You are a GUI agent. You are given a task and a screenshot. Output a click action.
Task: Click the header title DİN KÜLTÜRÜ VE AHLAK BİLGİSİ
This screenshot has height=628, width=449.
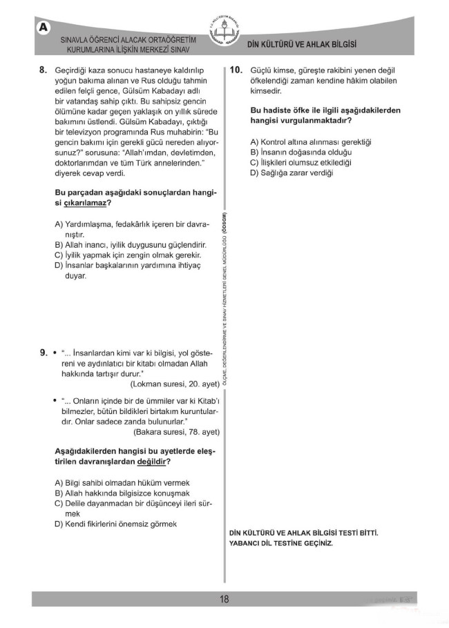click(x=302, y=45)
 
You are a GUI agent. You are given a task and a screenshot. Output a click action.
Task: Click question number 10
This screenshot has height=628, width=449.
click(x=236, y=70)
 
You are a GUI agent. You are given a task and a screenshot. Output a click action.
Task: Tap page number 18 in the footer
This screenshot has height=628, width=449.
click(x=224, y=599)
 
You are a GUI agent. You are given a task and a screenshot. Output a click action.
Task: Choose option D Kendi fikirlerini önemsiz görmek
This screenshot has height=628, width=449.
click(x=115, y=524)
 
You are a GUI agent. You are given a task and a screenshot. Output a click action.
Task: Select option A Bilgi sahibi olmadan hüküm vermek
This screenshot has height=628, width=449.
click(x=122, y=483)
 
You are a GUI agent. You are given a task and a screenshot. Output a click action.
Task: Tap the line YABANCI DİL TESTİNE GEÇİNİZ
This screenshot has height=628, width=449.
click(x=280, y=544)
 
